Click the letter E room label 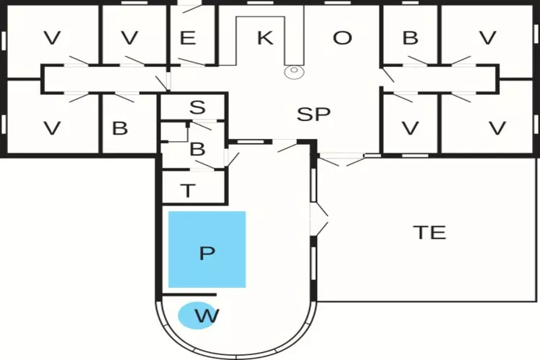pyautogui.click(x=188, y=38)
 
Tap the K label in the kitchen pyautogui.click(x=265, y=38)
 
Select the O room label pyautogui.click(x=342, y=38)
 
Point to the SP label pyautogui.click(x=314, y=114)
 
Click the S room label pyautogui.click(x=197, y=108)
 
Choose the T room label pyautogui.click(x=188, y=191)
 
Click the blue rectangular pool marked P pyautogui.click(x=207, y=249)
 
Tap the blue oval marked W pyautogui.click(x=197, y=315)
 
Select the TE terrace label pyautogui.click(x=429, y=233)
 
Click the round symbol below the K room pyautogui.click(x=294, y=71)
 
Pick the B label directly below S pyautogui.click(x=197, y=150)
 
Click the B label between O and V pyautogui.click(x=410, y=38)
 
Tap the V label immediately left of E pyautogui.click(x=130, y=38)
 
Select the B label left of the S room pyautogui.click(x=120, y=129)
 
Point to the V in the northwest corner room pyautogui.click(x=52, y=38)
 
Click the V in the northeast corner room pyautogui.click(x=487, y=38)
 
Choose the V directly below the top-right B pyautogui.click(x=410, y=129)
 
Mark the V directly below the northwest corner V pyautogui.click(x=52, y=129)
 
